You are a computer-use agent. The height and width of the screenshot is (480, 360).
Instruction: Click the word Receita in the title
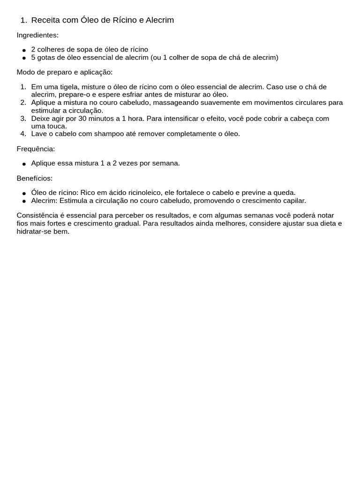[45, 20]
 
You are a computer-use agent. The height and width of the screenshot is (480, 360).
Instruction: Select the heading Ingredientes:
[37, 35]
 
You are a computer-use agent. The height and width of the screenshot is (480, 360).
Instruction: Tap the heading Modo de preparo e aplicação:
[65, 72]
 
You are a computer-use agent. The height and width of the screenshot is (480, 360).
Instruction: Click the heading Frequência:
[36, 149]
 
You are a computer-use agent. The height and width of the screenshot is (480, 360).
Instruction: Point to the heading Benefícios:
[35, 178]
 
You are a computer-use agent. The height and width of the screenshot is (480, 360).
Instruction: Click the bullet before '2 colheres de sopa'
[24, 50]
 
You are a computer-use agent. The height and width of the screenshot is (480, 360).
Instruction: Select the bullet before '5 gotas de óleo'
[24, 58]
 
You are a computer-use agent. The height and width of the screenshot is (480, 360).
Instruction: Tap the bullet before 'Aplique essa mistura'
[24, 164]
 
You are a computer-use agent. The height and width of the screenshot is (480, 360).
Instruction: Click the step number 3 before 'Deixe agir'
[23, 119]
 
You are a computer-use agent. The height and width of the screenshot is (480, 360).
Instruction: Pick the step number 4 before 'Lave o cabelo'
[23, 134]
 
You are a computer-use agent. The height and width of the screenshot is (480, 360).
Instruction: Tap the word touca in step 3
[57, 126]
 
